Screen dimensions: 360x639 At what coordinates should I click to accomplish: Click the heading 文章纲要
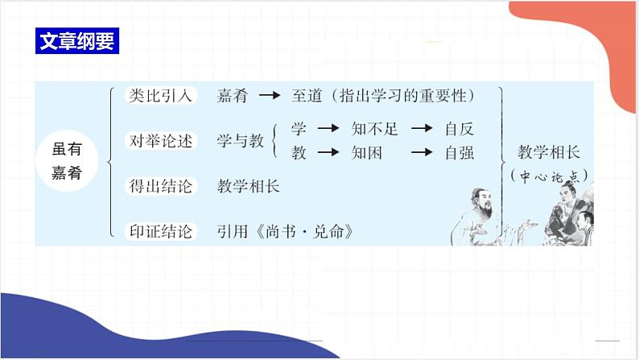(78, 41)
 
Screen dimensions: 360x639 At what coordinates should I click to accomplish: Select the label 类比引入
(161, 95)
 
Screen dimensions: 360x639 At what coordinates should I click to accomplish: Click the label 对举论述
(161, 140)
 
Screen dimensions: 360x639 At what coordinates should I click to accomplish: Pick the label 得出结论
(161, 186)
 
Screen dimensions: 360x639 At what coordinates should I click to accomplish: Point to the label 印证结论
(161, 232)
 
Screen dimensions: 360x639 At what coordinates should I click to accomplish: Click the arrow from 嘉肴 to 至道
(269, 96)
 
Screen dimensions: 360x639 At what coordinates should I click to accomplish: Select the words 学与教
(240, 140)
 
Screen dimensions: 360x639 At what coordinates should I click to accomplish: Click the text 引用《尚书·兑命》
(286, 232)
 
